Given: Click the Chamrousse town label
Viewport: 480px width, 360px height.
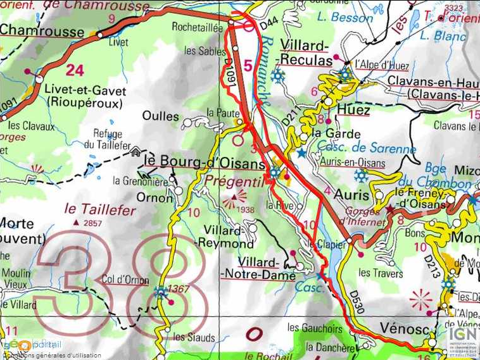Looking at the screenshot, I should [42, 31].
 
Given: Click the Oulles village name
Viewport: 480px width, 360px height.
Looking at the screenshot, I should [160, 116].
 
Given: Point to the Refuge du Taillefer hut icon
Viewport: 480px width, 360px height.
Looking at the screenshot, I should [135, 152].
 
